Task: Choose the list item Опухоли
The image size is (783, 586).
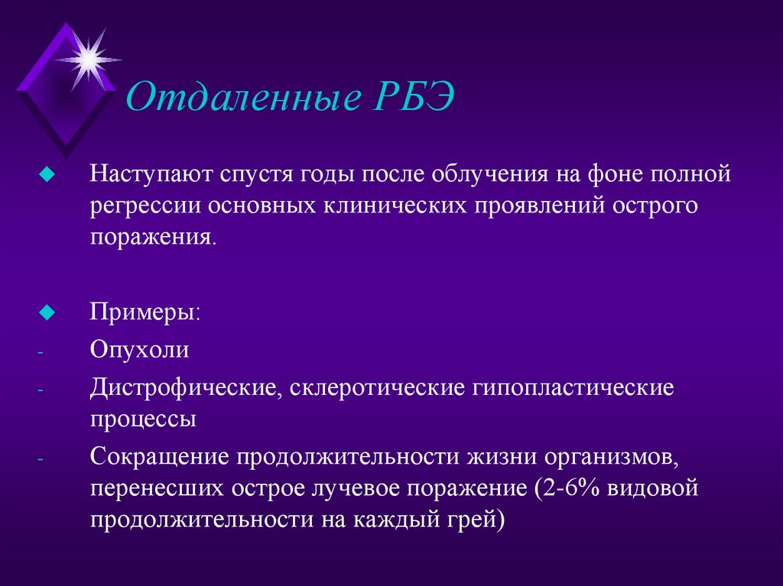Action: pyautogui.click(x=139, y=350)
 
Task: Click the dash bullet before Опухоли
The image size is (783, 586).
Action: pyautogui.click(x=41, y=352)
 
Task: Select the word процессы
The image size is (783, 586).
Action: pyautogui.click(x=143, y=419)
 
